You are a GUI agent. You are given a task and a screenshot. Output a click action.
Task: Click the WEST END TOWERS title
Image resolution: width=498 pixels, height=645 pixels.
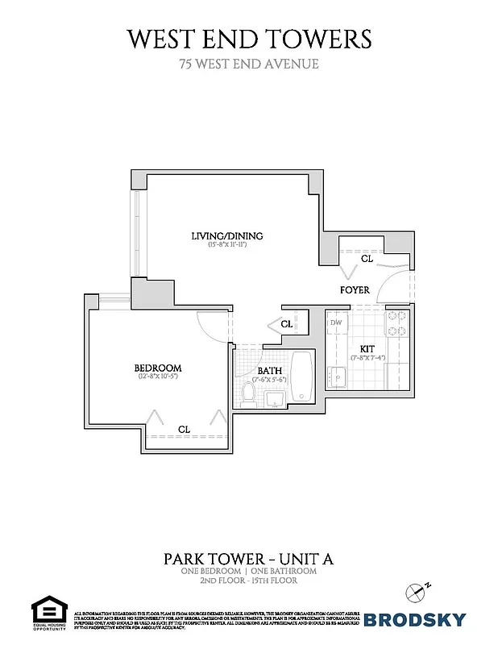tap(248, 38)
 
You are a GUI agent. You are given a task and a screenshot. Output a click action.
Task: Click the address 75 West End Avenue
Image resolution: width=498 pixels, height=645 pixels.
tap(248, 64)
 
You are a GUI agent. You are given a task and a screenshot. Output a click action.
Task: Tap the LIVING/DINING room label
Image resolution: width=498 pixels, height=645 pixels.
tap(227, 235)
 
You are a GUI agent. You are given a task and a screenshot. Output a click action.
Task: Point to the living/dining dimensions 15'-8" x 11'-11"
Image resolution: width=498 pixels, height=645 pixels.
tap(227, 244)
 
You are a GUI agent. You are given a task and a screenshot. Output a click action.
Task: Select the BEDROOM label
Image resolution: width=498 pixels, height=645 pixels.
tap(157, 368)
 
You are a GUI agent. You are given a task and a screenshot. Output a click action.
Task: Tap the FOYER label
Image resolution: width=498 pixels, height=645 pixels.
tap(355, 289)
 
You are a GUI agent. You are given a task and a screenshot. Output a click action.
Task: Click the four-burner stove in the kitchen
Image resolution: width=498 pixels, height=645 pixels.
tap(396, 323)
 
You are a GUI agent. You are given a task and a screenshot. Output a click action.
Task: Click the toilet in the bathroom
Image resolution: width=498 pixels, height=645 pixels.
tap(250, 393)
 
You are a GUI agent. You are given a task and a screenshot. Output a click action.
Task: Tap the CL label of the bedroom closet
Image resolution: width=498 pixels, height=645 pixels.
tap(184, 429)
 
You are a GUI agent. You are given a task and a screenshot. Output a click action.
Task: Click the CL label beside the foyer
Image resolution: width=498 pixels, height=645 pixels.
tap(367, 260)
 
